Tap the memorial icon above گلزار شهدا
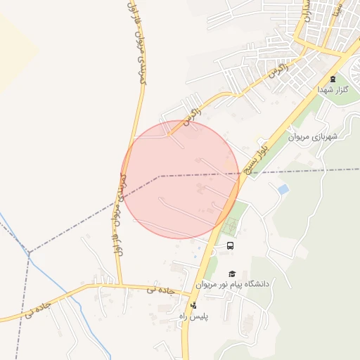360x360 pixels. click(x=333, y=78)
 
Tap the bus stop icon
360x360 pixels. click(x=230, y=245)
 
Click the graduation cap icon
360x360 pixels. click(x=231, y=274)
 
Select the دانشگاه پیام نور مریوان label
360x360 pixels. click(x=231, y=285)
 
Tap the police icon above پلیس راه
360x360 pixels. click(x=193, y=305)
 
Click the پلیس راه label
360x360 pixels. click(x=192, y=318)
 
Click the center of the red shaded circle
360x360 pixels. click(x=180, y=179)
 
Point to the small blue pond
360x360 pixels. click(x=283, y=189)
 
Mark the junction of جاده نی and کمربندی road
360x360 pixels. click(x=120, y=285)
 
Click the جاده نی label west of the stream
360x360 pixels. click(x=39, y=309)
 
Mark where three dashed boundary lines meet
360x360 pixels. click(x=30, y=251)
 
